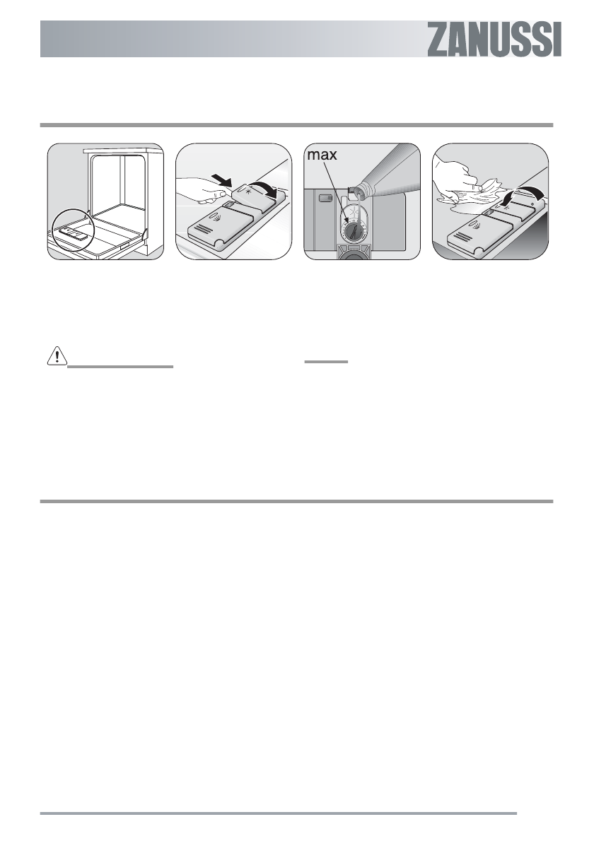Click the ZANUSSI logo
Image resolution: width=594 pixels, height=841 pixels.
click(x=494, y=40)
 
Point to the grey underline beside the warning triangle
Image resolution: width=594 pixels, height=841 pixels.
click(x=120, y=367)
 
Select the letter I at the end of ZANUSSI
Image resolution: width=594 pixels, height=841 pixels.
click(x=557, y=40)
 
